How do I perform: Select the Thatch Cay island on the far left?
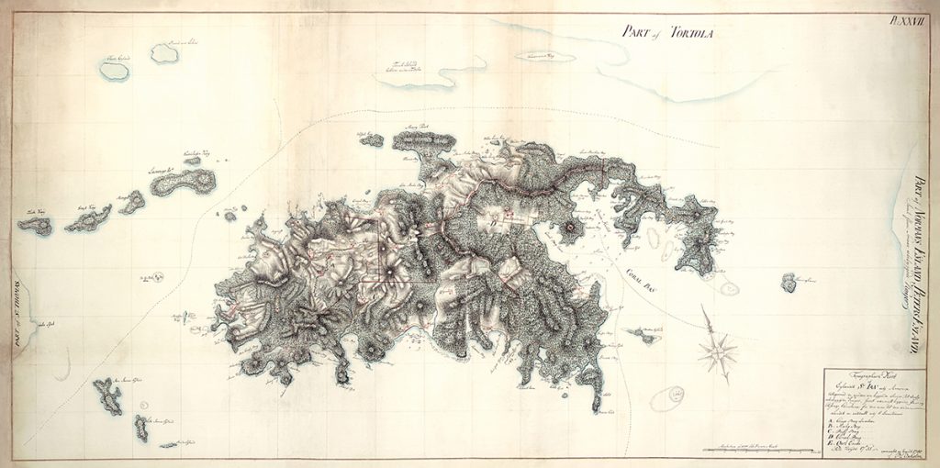(36, 225)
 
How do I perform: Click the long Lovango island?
(183, 182)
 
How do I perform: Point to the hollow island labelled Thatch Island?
(165, 53)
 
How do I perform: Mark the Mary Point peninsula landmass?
(423, 141)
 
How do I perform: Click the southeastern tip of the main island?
(599, 405)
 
